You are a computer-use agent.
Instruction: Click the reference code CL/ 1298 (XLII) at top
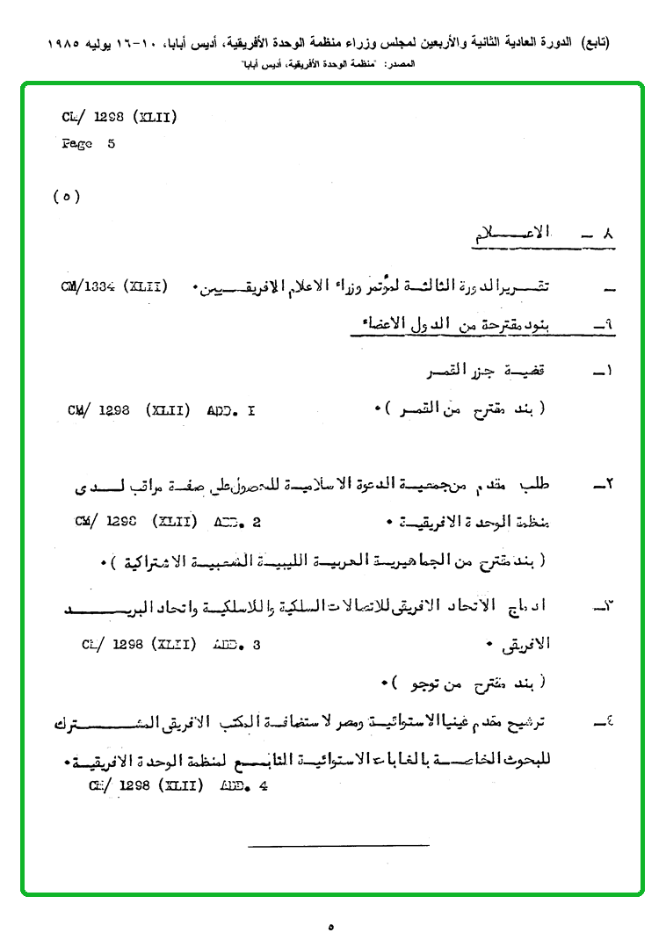(119, 117)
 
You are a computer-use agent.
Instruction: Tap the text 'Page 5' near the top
(88, 144)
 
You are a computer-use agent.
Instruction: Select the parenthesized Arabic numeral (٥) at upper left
(67, 197)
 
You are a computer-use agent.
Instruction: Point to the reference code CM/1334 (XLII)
(114, 286)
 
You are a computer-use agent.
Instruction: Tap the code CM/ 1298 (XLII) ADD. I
(161, 409)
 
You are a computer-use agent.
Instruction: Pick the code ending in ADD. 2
(168, 521)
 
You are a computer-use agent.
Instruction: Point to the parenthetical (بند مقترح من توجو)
(466, 681)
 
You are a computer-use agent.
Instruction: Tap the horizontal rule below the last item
(338, 846)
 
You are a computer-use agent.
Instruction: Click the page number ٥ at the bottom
(331, 926)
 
